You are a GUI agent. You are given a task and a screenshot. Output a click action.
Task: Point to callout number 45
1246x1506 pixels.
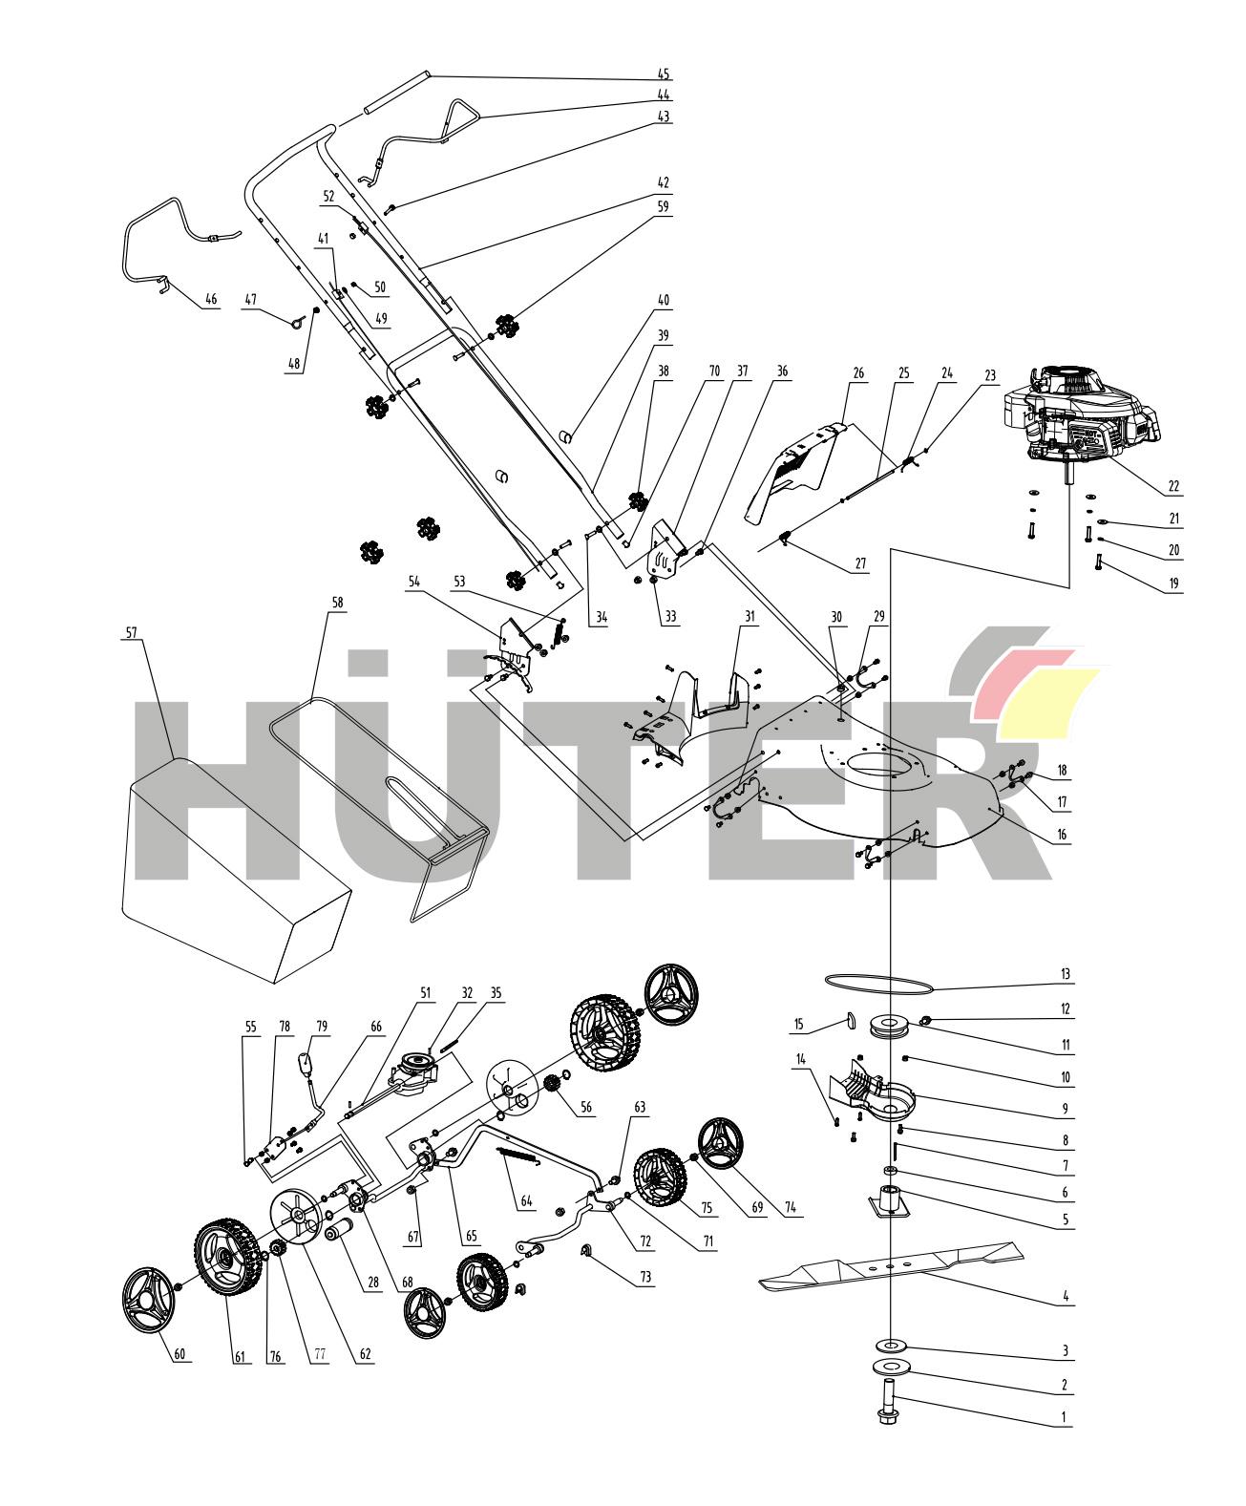[664, 74]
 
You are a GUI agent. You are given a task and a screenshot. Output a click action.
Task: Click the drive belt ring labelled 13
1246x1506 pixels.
[878, 982]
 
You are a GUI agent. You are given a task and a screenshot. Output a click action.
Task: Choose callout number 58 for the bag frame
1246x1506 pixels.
[337, 604]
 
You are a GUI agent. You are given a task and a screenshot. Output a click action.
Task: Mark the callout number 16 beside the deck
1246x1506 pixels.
[1064, 835]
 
